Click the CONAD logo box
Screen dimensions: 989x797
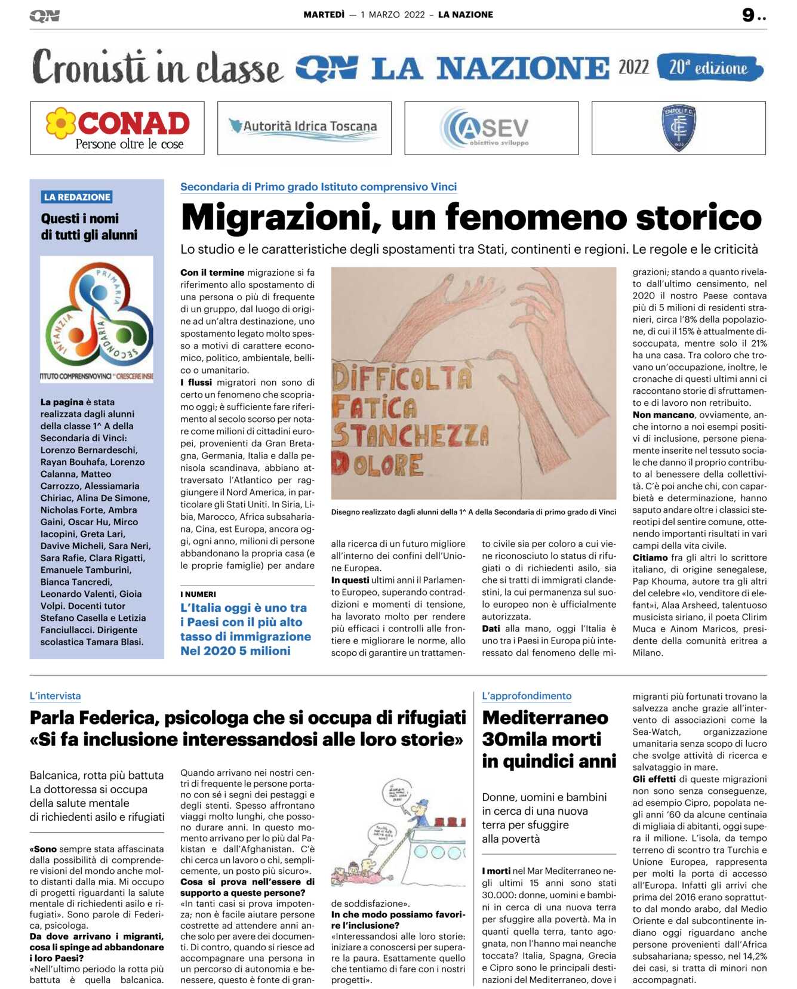click(117, 128)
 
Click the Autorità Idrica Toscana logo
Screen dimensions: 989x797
click(304, 128)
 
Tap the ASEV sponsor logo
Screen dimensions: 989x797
click(491, 128)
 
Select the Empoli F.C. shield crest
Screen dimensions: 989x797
click(679, 128)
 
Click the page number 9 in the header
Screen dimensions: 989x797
click(748, 15)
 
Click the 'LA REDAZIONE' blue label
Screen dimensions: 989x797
click(77, 197)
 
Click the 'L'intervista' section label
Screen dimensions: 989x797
click(55, 696)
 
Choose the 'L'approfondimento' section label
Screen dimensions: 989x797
click(527, 696)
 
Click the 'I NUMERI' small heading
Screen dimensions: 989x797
click(198, 594)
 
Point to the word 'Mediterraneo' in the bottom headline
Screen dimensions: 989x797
click(545, 717)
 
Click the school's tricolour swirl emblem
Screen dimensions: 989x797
click(97, 314)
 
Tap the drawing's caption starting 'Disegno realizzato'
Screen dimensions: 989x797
click(473, 512)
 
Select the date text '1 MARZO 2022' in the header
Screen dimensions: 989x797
click(392, 15)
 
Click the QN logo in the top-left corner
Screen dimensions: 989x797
click(44, 16)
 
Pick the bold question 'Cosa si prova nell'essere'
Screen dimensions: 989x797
click(247, 882)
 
